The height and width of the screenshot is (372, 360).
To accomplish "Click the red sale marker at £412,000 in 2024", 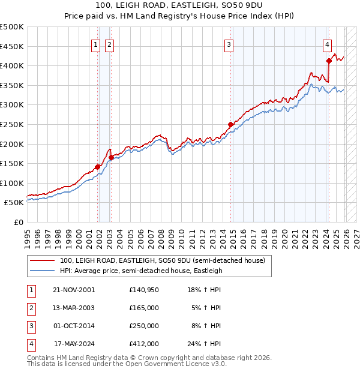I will [x=329, y=61].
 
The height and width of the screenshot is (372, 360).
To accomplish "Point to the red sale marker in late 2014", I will [x=230, y=124].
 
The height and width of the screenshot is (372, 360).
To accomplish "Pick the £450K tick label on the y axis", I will [x=12, y=46].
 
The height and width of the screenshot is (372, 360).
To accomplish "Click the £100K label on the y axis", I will [x=12, y=183].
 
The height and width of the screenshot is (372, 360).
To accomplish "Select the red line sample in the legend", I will [x=42, y=260].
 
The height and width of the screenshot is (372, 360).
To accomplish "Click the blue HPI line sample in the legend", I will [x=42, y=271].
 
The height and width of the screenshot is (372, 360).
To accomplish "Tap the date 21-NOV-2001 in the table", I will [x=74, y=289].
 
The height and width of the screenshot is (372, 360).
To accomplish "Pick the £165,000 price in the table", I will [x=144, y=307].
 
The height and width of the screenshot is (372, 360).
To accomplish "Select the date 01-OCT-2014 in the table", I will [x=74, y=326].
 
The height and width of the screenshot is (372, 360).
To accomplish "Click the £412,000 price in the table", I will [x=144, y=344].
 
